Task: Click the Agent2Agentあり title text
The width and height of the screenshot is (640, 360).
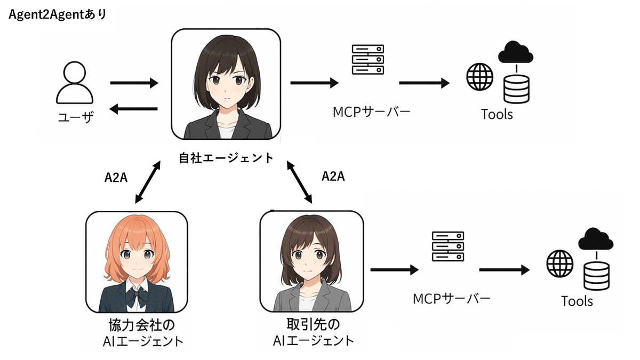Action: click(x=58, y=14)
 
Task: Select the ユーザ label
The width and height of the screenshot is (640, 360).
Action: click(x=75, y=116)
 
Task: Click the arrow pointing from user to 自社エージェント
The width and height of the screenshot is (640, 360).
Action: click(x=134, y=83)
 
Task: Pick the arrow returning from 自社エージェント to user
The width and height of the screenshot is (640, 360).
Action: click(x=133, y=109)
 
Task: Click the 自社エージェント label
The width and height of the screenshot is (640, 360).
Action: click(x=226, y=158)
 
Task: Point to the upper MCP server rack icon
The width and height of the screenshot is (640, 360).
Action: click(x=368, y=60)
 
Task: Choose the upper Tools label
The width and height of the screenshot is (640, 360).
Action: click(x=497, y=114)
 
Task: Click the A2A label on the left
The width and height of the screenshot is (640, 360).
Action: click(x=116, y=178)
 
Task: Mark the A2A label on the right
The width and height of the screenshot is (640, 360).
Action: click(x=333, y=177)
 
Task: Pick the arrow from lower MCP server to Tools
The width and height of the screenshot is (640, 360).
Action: click(x=504, y=270)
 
